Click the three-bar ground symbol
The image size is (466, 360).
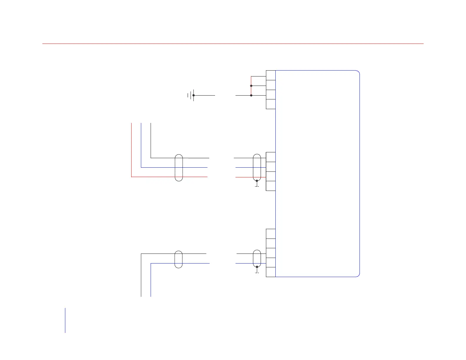[x=191, y=95]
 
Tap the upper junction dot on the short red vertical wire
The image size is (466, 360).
[x=251, y=86]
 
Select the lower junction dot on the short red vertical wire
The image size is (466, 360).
[x=251, y=95]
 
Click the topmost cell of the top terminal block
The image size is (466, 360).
[x=271, y=75]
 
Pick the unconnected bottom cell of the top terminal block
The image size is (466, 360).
[x=271, y=104]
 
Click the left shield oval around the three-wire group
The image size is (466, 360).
[x=179, y=167]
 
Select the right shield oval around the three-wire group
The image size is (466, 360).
[x=257, y=167]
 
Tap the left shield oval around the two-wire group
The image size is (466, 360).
[x=179, y=259]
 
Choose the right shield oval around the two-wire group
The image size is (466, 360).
[x=257, y=258]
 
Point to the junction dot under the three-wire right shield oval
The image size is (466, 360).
[x=257, y=181]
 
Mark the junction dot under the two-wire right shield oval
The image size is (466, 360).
[x=257, y=267]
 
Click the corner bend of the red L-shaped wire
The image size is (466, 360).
[x=131, y=177]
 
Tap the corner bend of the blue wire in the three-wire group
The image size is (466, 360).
[x=141, y=167]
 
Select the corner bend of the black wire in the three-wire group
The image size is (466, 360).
[x=151, y=158]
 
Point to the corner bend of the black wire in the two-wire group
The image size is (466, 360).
[x=141, y=254]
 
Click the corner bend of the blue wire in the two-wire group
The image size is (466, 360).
[x=151, y=263]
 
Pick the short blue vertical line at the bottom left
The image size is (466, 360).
[x=65, y=320]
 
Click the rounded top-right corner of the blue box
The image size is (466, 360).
[x=357, y=72]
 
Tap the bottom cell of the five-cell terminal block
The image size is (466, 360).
[x=271, y=272]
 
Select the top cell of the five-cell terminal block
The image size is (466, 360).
[x=271, y=234]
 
